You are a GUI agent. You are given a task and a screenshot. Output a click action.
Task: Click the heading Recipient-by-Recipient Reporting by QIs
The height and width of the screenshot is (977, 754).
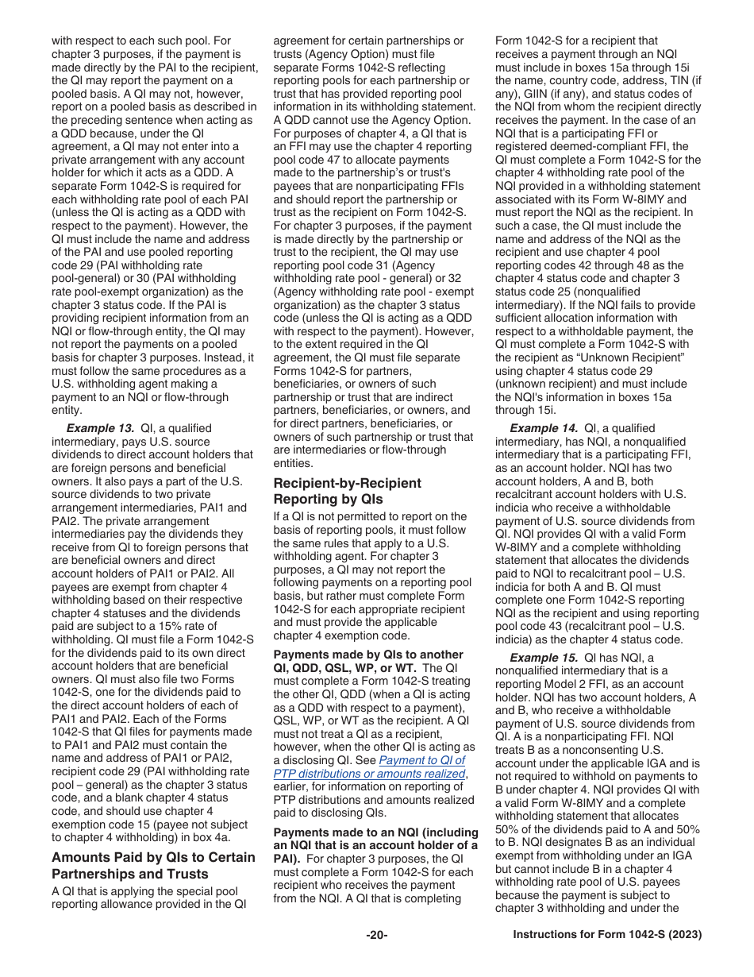(x=347, y=491)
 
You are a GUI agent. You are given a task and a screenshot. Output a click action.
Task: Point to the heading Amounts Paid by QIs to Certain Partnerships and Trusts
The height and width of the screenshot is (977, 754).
(x=153, y=865)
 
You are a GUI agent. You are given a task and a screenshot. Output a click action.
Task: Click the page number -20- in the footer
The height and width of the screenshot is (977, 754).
(x=377, y=935)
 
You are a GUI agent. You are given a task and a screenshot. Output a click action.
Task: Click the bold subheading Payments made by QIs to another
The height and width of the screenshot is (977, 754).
(x=368, y=655)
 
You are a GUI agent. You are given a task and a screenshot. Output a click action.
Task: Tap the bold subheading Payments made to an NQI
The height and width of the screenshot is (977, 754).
(x=375, y=832)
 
